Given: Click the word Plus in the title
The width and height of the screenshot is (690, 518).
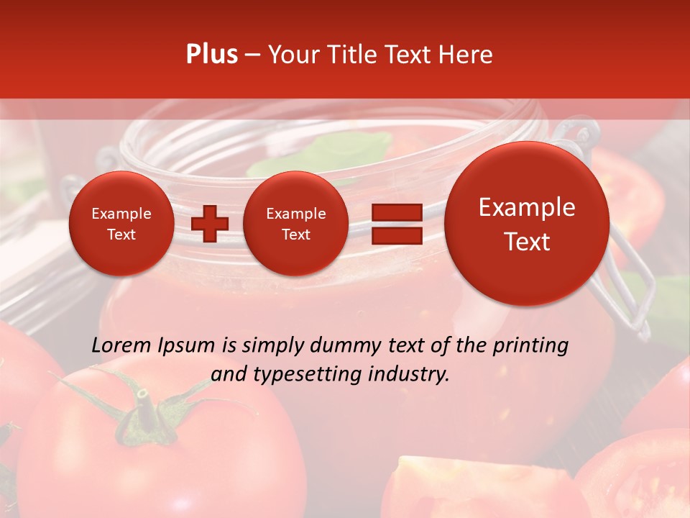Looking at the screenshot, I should click(x=211, y=55).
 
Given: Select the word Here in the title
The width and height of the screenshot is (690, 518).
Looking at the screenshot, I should click(x=468, y=55).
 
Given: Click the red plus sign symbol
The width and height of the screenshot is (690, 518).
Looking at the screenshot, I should click(x=209, y=224).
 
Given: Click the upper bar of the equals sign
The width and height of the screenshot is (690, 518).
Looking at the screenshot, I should click(x=397, y=212).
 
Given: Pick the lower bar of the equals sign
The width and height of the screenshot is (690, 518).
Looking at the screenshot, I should click(x=397, y=235).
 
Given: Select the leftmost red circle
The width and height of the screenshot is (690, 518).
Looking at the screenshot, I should click(x=121, y=224).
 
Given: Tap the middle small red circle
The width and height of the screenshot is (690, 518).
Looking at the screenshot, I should click(x=295, y=224).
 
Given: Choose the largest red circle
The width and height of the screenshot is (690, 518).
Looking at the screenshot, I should click(x=527, y=224).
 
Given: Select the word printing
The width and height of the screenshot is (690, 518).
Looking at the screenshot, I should click(x=530, y=346).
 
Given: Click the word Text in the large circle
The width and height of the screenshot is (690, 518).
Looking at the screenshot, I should click(x=527, y=242).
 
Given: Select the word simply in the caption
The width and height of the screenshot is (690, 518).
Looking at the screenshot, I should click(x=273, y=346).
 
